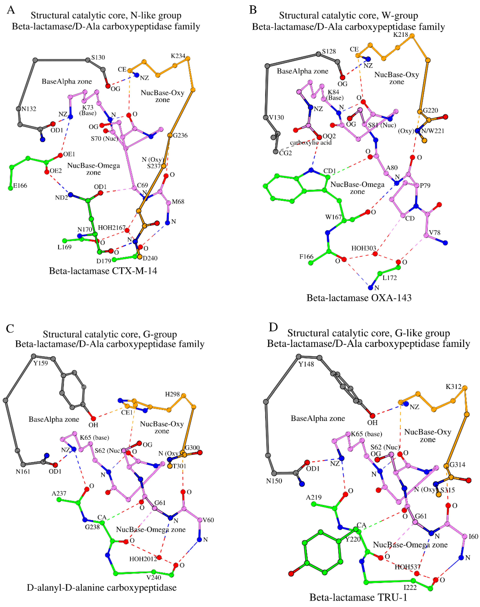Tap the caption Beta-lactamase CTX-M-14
(x=103, y=271)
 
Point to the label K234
(x=178, y=56)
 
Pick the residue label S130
(x=98, y=57)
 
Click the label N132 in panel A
(x=29, y=109)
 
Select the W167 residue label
(x=333, y=217)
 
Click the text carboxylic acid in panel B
(x=311, y=143)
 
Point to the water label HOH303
(x=363, y=248)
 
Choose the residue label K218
(x=400, y=35)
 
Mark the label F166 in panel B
(x=306, y=257)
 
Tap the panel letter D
(x=273, y=327)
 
